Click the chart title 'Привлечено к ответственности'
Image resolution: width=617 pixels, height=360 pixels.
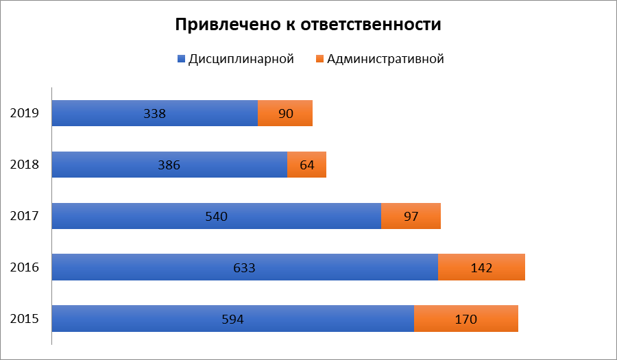[308, 25]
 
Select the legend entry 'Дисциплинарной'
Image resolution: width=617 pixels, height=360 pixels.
[241, 59]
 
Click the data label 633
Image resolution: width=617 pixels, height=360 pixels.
[244, 267]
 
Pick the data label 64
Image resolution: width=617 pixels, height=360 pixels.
[306, 165]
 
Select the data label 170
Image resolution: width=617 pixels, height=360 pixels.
[465, 319]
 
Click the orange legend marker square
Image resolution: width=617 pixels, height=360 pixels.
[319, 60]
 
